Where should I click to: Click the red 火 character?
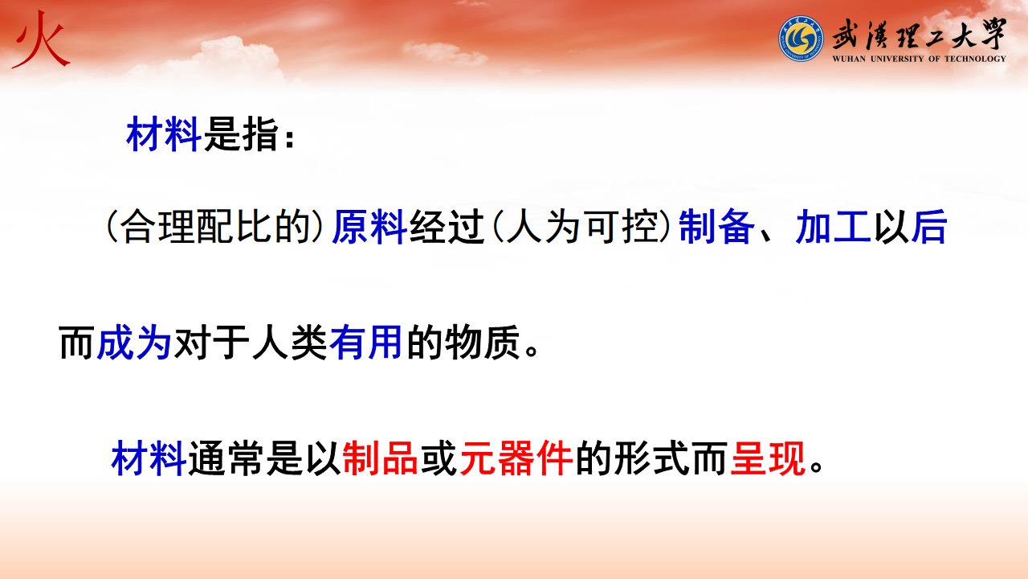pyautogui.click(x=41, y=40)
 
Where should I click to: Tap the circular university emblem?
pyautogui.click(x=801, y=39)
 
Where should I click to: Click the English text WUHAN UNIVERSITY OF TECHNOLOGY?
pyautogui.click(x=920, y=59)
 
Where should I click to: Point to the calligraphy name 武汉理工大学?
pyautogui.click(x=920, y=35)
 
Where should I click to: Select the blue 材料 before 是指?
pyautogui.click(x=163, y=134)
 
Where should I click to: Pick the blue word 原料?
pyautogui.click(x=369, y=227)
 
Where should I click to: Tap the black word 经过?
pyautogui.click(x=447, y=227)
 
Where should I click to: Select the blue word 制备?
pyautogui.click(x=716, y=227)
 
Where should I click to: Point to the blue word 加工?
pyautogui.click(x=833, y=227)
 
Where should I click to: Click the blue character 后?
pyautogui.click(x=929, y=227)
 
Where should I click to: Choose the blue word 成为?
pyautogui.click(x=134, y=343)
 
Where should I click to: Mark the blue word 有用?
pyautogui.click(x=365, y=343)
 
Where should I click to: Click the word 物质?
pyautogui.click(x=482, y=343)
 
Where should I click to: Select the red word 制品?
pyautogui.click(x=380, y=458)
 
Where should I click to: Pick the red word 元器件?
pyautogui.click(x=516, y=458)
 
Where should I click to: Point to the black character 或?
pyautogui.click(x=439, y=458)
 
